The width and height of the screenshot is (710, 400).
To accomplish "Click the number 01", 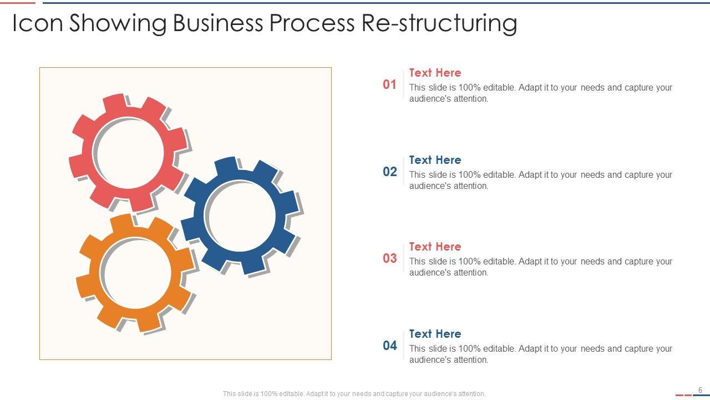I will (390, 84).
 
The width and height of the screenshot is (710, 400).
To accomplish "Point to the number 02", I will (390, 172).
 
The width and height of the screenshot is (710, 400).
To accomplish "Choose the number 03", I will (390, 258).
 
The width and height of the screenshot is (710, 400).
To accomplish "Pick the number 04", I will (390, 346).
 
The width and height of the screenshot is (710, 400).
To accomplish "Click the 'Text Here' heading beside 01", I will (435, 73).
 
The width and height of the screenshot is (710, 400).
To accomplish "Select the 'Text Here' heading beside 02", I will (435, 160).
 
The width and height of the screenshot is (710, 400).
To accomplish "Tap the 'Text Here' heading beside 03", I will (435, 247).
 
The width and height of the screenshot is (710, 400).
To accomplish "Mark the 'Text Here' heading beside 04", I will (435, 334).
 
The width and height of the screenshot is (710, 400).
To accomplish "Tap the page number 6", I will (700, 390).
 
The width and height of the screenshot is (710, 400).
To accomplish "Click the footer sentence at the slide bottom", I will (354, 394).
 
